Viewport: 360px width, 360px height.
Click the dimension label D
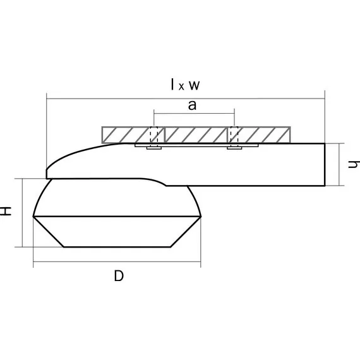[119, 276]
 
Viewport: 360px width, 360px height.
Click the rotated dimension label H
[6, 211]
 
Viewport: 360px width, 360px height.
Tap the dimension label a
[192, 105]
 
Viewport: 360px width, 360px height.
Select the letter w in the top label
[195, 85]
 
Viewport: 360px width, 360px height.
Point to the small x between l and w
[181, 87]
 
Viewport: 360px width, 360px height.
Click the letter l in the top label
[172, 84]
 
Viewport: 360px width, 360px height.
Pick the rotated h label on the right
[354, 164]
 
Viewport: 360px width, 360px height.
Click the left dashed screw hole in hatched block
[154, 135]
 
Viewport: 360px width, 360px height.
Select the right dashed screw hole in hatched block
[234, 135]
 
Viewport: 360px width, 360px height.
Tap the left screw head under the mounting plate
[154, 148]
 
